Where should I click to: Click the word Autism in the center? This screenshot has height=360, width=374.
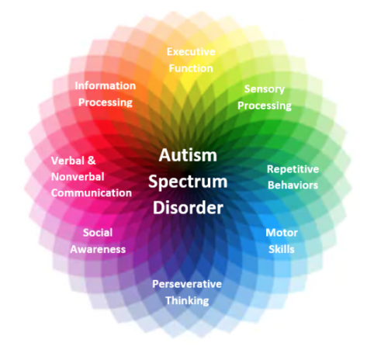pyautogui.click(x=188, y=155)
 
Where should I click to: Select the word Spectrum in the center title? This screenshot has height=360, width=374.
pyautogui.click(x=188, y=182)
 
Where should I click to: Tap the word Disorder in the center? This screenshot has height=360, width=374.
pyautogui.click(x=188, y=208)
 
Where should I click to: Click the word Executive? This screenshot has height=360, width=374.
pyautogui.click(x=191, y=52)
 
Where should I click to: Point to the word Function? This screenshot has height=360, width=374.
pyautogui.click(x=191, y=68)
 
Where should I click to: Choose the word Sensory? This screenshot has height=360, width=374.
pyautogui.click(x=265, y=89)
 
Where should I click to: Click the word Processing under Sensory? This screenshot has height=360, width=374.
pyautogui.click(x=265, y=106)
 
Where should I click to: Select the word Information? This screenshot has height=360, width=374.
pyautogui.click(x=106, y=85)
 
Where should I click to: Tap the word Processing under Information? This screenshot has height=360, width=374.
pyautogui.click(x=106, y=102)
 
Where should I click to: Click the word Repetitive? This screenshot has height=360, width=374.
pyautogui.click(x=293, y=169)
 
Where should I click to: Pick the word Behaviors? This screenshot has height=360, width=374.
pyautogui.click(x=293, y=185)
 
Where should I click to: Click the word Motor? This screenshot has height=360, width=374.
pyautogui.click(x=282, y=233)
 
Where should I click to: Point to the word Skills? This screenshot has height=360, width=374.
pyautogui.click(x=282, y=249)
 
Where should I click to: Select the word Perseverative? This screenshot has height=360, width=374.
pyautogui.click(x=187, y=284)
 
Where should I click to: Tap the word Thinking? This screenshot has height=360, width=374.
pyautogui.click(x=187, y=301)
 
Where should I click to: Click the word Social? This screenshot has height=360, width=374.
pyautogui.click(x=98, y=233)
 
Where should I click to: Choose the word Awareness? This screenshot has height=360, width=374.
pyautogui.click(x=98, y=249)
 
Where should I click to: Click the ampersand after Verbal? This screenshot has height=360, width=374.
pyautogui.click(x=92, y=161)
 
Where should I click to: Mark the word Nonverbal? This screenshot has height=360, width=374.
pyautogui.click(x=78, y=177)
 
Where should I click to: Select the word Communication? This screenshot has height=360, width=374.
pyautogui.click(x=92, y=193)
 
